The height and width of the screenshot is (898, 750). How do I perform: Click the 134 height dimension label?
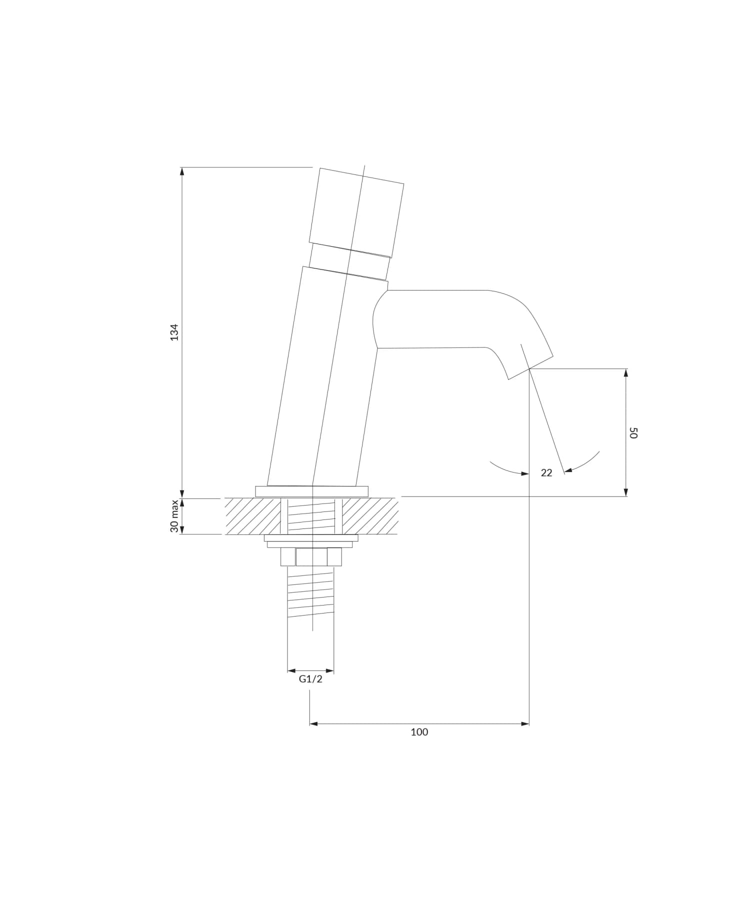click(x=174, y=332)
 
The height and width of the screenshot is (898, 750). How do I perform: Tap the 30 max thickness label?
click(x=174, y=516)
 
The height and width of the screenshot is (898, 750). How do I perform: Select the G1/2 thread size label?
click(x=310, y=679)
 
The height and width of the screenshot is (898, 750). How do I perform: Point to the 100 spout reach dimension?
click(x=419, y=732)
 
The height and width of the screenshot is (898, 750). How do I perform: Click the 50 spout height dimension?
click(x=633, y=433)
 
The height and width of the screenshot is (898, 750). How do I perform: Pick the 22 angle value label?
click(x=546, y=472)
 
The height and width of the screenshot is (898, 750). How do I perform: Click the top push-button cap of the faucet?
click(x=356, y=212)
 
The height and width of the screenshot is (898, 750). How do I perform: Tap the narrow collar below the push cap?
click(x=349, y=261)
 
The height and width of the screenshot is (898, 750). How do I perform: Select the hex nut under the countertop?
click(x=311, y=556)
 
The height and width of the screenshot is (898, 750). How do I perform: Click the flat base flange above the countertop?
click(x=311, y=491)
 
